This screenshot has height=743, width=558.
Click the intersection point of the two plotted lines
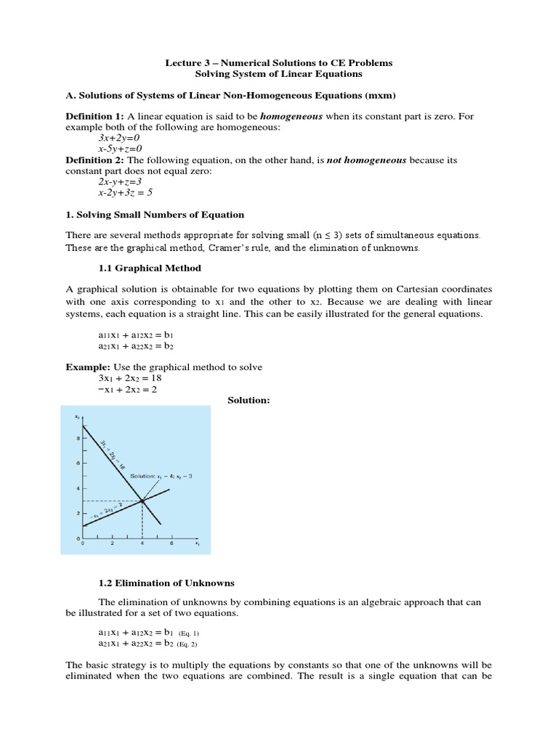pyautogui.click(x=142, y=501)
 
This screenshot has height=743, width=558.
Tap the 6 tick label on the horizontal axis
pyautogui.click(x=171, y=543)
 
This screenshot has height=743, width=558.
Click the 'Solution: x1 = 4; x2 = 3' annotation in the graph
pyautogui.click(x=161, y=476)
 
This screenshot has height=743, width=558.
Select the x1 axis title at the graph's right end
pyautogui.click(x=197, y=543)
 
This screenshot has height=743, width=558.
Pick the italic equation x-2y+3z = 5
pyautogui.click(x=126, y=193)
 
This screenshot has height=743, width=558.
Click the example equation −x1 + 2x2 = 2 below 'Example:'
pyautogui.click(x=127, y=390)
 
